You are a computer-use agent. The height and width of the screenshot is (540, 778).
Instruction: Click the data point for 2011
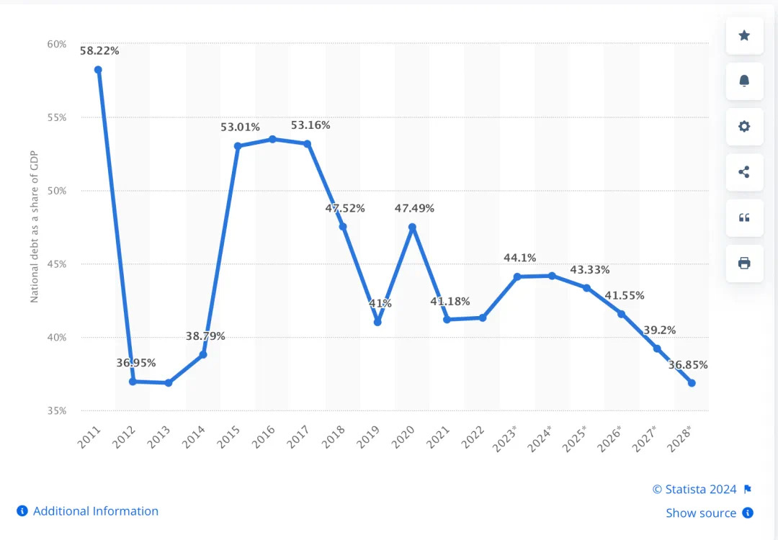pos(98,70)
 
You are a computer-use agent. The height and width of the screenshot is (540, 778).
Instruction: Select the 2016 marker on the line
pos(272,139)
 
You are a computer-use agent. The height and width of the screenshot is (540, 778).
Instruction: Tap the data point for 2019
pos(377,322)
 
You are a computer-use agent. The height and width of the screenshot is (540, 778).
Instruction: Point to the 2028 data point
pos(692,383)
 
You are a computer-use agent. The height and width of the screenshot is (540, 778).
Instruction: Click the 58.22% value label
pos(99,51)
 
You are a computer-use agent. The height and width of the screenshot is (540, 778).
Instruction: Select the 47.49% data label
pos(414,208)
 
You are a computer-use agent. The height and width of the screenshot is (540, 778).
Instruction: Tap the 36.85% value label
pos(688,365)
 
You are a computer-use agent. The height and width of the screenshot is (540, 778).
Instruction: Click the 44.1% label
pos(520,258)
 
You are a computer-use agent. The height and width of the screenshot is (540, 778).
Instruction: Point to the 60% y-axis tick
pos(56,44)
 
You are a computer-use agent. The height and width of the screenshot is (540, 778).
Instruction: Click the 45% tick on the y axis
pos(56,264)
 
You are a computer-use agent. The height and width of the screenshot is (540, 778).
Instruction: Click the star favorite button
pos(744,35)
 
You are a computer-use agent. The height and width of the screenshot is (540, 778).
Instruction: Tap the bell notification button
pos(744,81)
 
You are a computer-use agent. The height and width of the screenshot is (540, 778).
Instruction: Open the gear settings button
pos(744,127)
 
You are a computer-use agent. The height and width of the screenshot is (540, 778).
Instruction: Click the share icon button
pos(744,172)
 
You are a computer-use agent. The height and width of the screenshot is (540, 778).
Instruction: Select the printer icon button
pos(744,263)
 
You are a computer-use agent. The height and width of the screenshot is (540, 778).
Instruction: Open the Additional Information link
pos(95,511)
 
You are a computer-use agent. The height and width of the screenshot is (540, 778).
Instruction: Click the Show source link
pos(701,513)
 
